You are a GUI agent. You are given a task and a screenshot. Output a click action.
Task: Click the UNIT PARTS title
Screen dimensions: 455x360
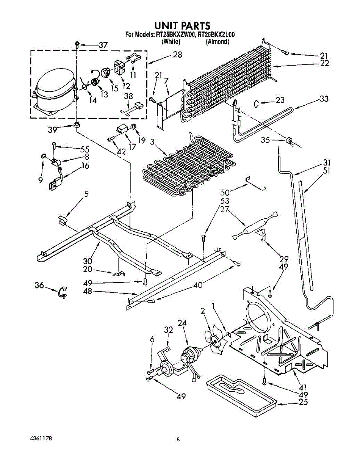click(182, 25)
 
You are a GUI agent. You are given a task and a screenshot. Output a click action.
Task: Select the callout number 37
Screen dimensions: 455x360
click(103, 45)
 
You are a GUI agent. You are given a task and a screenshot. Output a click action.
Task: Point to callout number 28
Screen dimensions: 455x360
click(177, 54)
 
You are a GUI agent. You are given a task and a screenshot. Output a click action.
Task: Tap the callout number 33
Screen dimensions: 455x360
click(324, 99)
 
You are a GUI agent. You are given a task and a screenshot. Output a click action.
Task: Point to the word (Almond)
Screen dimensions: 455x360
click(218, 42)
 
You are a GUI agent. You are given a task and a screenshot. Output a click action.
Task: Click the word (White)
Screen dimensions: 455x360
click(170, 42)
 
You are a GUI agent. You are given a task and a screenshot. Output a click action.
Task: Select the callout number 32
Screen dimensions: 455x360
click(168, 330)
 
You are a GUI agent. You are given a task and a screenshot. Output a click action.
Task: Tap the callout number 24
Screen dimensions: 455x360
click(182, 323)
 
